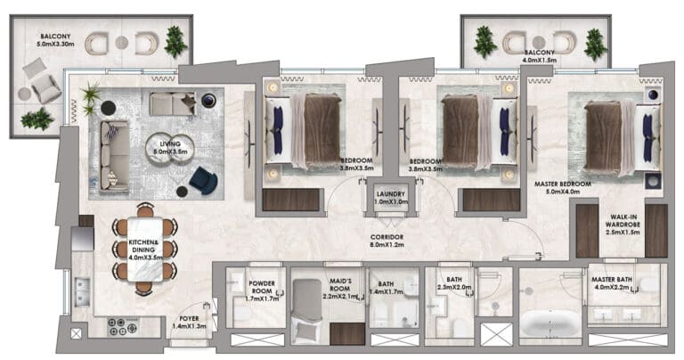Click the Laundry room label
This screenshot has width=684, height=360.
pos(391,193)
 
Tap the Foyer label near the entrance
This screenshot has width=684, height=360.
pos(189,318)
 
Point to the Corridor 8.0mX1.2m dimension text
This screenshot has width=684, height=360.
pos(387,245)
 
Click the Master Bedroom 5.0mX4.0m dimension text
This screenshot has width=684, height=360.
pos(563,191)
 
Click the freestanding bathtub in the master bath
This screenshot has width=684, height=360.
pos(550,323)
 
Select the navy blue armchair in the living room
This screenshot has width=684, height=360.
pos(203,180)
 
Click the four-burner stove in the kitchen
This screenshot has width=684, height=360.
pos(123,326)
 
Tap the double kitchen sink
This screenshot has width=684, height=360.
pos(82,292)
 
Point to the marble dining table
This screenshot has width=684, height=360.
pos(145,250)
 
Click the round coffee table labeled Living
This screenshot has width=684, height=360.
pos(169,148)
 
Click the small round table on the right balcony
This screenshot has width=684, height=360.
pos(539,42)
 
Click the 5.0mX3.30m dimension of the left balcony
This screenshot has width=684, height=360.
pos(55,44)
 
